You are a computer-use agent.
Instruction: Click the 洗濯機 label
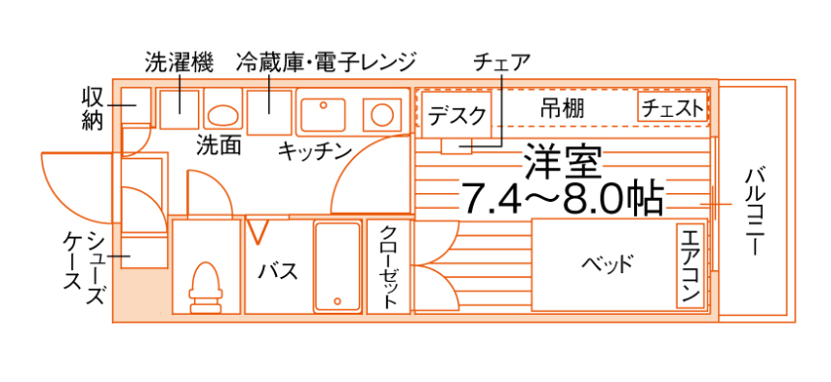click(x=179, y=61)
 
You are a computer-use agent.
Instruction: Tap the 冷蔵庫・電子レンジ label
click(x=326, y=61)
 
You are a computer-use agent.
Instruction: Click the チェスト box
click(x=674, y=108)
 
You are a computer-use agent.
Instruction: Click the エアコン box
click(x=691, y=265)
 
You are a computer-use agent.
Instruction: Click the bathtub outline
click(x=337, y=266)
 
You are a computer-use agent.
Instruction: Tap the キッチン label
click(x=315, y=150)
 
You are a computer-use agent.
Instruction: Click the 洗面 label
click(x=219, y=145)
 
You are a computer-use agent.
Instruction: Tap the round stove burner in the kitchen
click(x=379, y=112)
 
